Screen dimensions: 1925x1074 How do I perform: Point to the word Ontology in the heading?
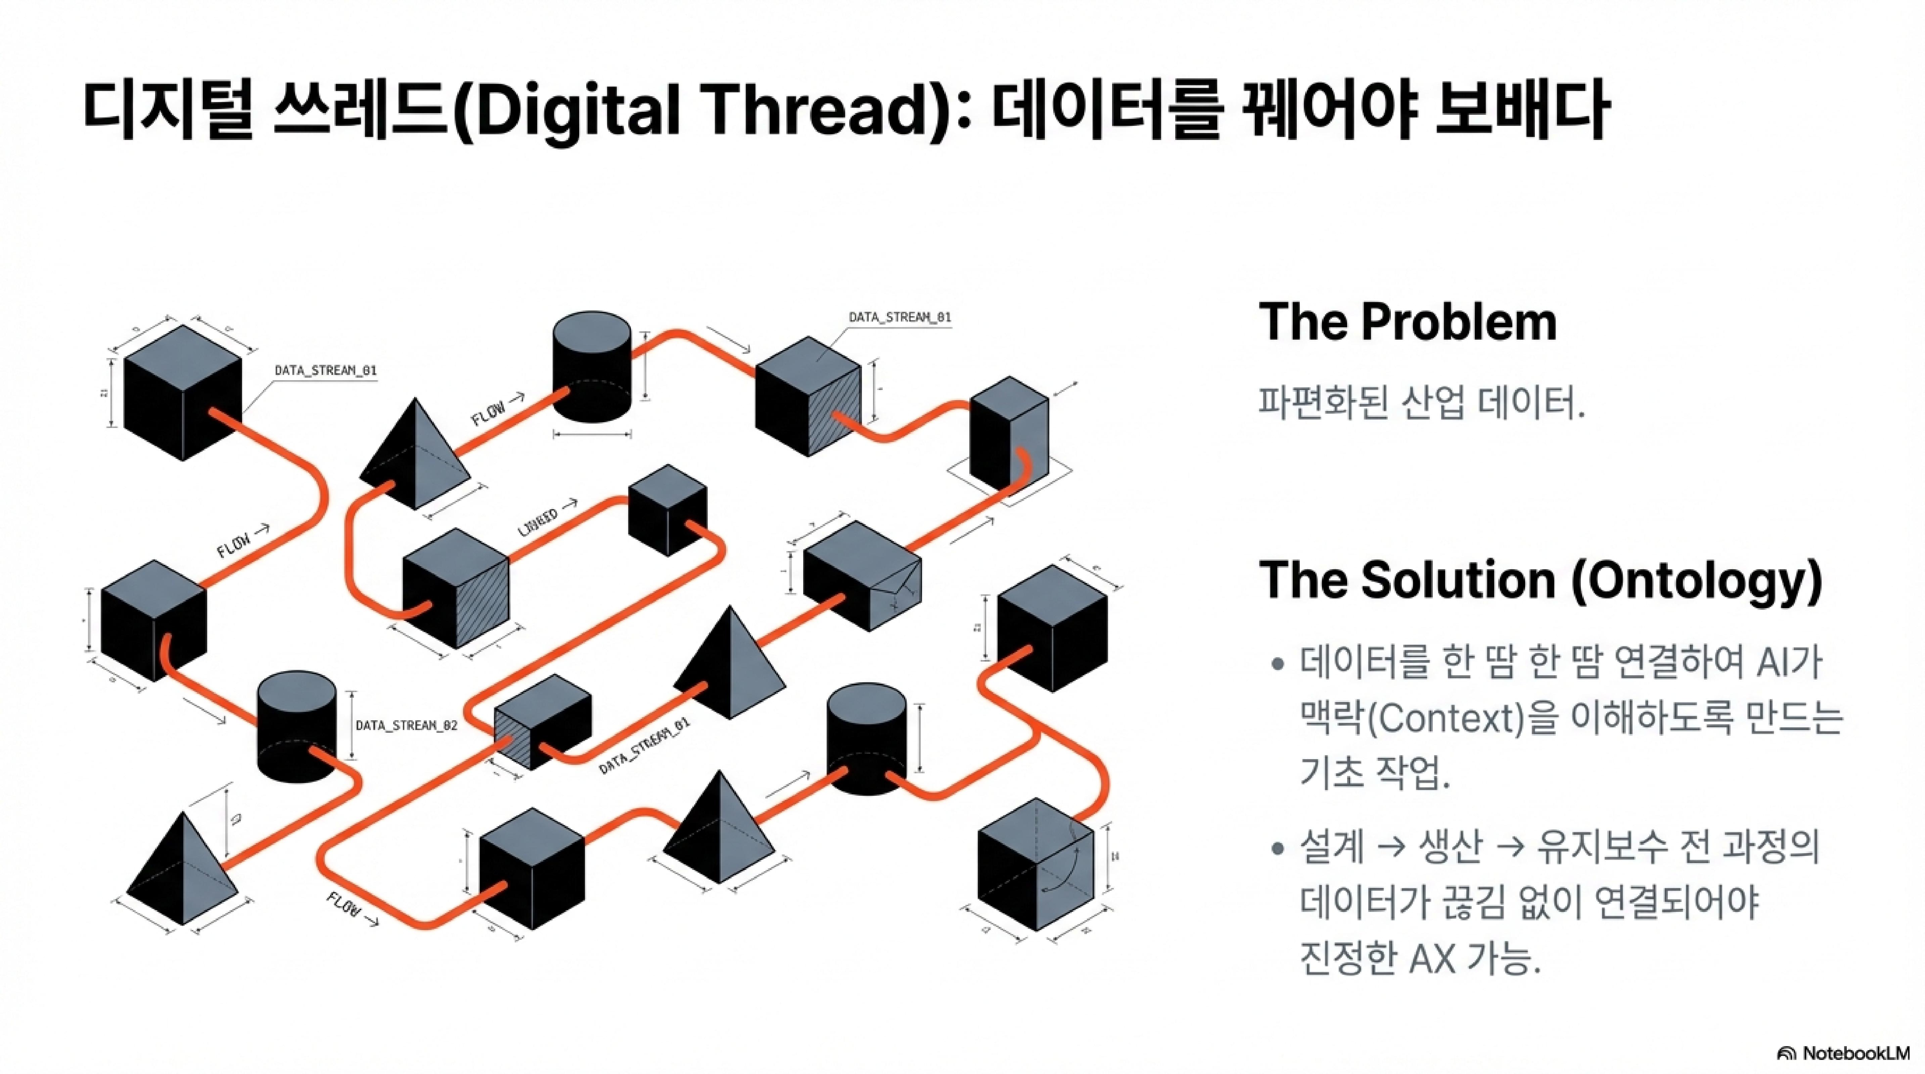(x=1696, y=580)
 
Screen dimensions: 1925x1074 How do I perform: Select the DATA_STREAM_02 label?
(x=406, y=725)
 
